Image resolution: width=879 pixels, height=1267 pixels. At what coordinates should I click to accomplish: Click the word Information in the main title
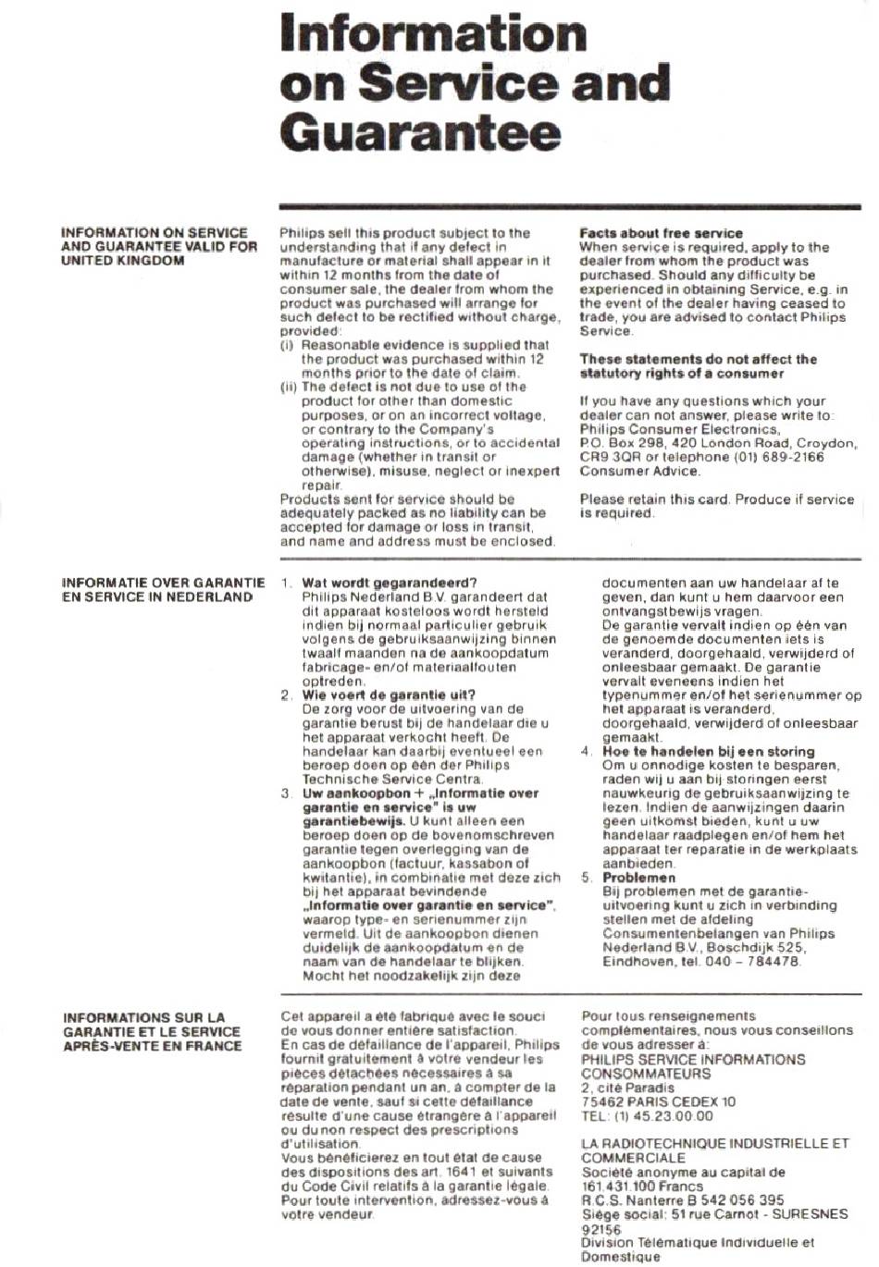coord(433,33)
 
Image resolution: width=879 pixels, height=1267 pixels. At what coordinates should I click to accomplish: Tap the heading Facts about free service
coord(661,233)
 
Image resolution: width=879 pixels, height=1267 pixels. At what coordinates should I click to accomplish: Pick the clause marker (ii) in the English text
coord(289,387)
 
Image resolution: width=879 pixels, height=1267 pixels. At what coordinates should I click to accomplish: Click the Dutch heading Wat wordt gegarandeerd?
coord(389,583)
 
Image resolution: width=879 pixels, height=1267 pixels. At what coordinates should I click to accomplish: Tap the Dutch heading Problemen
coord(639,878)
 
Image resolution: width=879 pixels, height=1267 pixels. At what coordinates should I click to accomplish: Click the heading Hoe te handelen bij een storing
coord(709,751)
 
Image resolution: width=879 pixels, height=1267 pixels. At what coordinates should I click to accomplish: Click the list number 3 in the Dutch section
coord(286,793)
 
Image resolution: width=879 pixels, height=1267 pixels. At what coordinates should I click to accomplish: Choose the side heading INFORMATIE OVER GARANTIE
coord(163,584)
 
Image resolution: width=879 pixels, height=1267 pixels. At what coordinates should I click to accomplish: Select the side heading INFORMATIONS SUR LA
coord(144,1017)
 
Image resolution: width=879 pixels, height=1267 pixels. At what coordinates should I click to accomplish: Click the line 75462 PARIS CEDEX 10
coord(658,1101)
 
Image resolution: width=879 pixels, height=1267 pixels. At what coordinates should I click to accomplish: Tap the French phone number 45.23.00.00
coord(675,1115)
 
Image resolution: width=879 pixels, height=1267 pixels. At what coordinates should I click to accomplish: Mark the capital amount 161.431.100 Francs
coord(642,1186)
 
